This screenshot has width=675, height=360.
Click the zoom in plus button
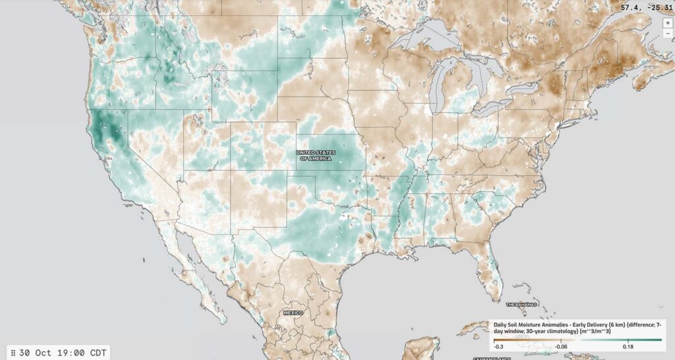[x=668, y=22]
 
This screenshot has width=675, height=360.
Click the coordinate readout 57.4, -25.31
[x=647, y=8]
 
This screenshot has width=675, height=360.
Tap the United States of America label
[x=315, y=156]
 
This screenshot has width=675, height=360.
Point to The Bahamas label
[x=519, y=305]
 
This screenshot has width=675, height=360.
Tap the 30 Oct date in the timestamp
[x=32, y=353]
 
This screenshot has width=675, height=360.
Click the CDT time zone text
[x=96, y=353]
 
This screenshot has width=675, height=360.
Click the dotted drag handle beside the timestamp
[x=13, y=353]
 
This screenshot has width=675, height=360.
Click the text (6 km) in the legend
[x=618, y=324]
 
